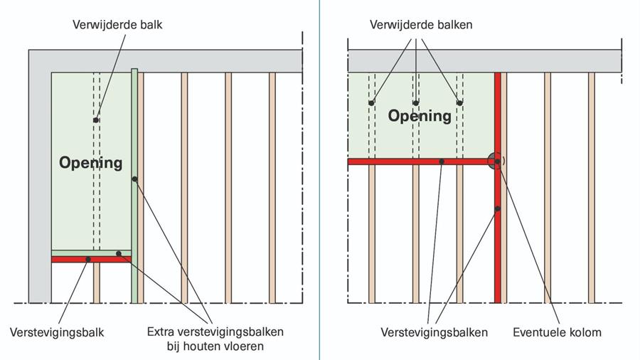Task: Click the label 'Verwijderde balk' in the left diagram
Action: pyautogui.click(x=117, y=25)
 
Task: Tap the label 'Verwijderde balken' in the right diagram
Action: pyautogui.click(x=421, y=25)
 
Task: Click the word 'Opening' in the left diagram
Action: pyautogui.click(x=90, y=163)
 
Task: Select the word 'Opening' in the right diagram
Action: pyautogui.click(x=420, y=115)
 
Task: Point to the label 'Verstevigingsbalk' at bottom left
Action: pyautogui.click(x=57, y=332)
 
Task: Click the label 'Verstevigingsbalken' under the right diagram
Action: pyautogui.click(x=434, y=332)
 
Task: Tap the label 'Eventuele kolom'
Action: pyautogui.click(x=558, y=332)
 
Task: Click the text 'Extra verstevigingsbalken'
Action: pyautogui.click(x=215, y=332)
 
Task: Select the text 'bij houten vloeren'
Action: pyautogui.click(x=215, y=346)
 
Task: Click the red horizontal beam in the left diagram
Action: pyautogui.click(x=71, y=260)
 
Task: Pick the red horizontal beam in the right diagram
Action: pyautogui.click(x=398, y=162)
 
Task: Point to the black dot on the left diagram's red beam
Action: pyautogui.click(x=88, y=260)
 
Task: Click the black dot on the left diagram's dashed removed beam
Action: pyautogui.click(x=96, y=120)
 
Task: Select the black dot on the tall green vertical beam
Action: pyautogui.click(x=134, y=179)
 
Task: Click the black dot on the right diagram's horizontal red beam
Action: pyautogui.click(x=442, y=162)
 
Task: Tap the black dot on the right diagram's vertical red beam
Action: pyautogui.click(x=498, y=208)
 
